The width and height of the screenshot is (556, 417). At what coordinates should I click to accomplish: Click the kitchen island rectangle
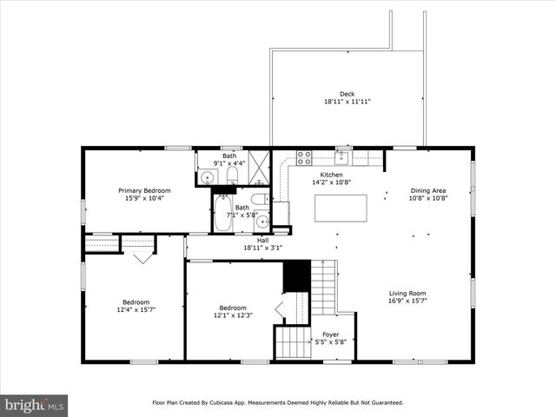[x=340, y=208]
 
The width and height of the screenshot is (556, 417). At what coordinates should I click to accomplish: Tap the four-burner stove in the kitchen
[x=304, y=157]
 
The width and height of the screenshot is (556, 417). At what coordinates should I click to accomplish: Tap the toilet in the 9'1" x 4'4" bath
[x=232, y=176]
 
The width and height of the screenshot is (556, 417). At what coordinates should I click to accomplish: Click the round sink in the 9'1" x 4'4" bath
[x=206, y=177]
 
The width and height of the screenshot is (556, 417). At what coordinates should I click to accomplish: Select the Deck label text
[x=347, y=94]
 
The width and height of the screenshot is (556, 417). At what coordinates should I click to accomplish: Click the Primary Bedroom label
[x=144, y=190]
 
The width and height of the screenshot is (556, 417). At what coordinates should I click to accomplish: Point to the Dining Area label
[x=428, y=190]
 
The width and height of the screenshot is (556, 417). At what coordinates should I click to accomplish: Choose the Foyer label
[x=330, y=334]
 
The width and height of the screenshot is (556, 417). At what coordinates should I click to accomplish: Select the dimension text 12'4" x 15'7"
[x=135, y=309]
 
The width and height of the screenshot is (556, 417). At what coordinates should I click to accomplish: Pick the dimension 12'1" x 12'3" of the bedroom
[x=233, y=315]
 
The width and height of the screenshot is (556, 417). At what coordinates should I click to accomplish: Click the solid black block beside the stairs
[x=296, y=275]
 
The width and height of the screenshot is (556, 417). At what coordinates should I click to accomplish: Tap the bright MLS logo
[x=34, y=405]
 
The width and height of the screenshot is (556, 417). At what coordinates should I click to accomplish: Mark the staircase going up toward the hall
[x=323, y=287]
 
